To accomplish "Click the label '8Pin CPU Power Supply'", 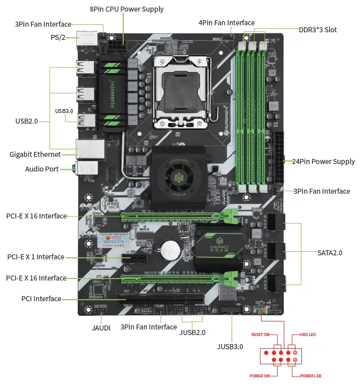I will click(x=127, y=9).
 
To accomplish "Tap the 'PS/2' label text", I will click(x=59, y=37).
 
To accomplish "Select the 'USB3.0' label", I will click(x=64, y=110).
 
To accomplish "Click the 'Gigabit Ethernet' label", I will click(x=35, y=154).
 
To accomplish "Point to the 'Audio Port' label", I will click(x=42, y=169).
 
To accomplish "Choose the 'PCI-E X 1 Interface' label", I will click(x=36, y=257).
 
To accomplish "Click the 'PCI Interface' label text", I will click(x=41, y=299).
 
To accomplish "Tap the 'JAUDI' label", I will click(x=101, y=327).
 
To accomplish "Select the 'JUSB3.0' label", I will click(x=230, y=346).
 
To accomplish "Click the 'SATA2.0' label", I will click(x=330, y=252).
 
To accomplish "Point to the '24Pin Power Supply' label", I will click(x=323, y=161).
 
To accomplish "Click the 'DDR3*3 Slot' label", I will click(x=318, y=30).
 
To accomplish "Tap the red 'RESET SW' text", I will click(x=261, y=335).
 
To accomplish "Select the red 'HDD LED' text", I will click(x=307, y=335).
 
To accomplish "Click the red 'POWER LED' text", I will click(x=311, y=376).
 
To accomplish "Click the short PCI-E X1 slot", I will click(x=133, y=259).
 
